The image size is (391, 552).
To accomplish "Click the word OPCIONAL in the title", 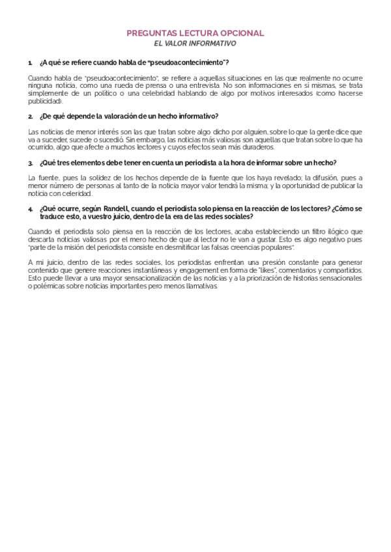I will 242,33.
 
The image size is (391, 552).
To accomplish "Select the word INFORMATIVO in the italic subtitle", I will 214,43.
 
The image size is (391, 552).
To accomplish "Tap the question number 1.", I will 30,62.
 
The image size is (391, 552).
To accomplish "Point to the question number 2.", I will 31,117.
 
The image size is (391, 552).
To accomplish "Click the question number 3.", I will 31,162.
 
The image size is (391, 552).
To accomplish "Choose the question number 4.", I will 31,208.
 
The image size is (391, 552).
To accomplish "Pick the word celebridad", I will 152,93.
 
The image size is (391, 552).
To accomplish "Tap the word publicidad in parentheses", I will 45,102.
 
